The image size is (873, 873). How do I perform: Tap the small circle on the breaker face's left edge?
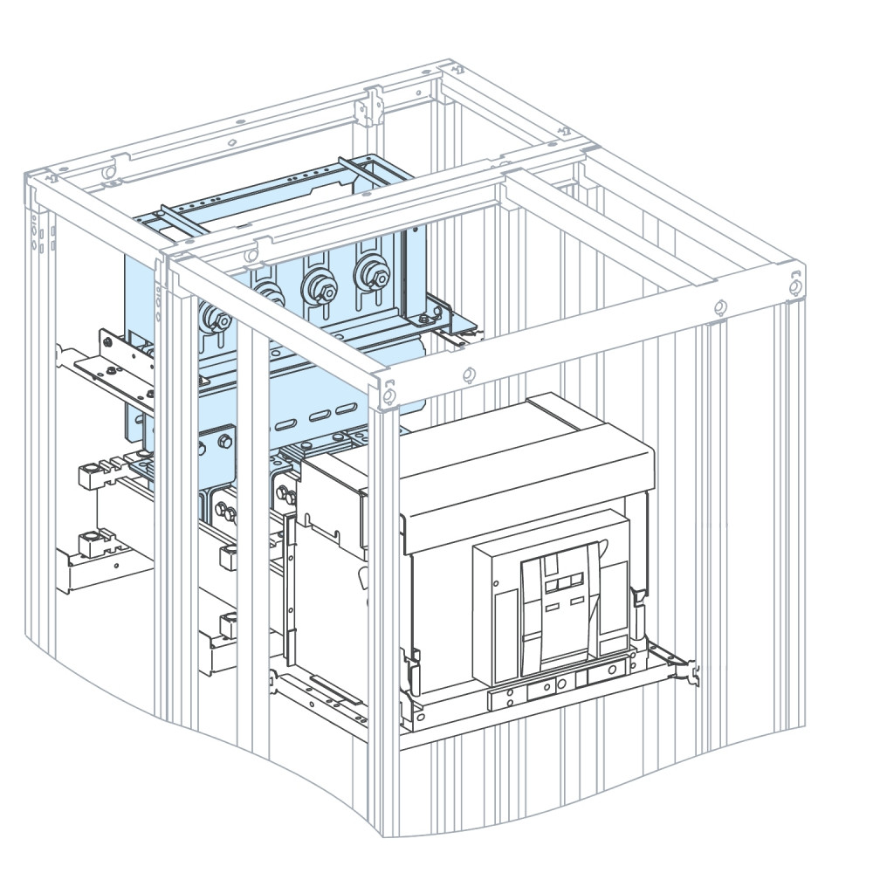pos(496,582)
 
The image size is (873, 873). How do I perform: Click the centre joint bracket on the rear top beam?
pos(372,105)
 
